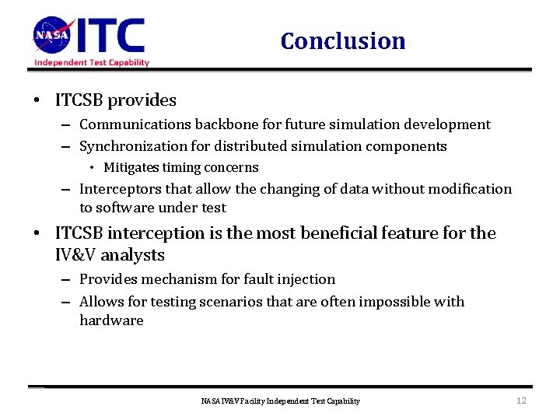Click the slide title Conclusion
343,40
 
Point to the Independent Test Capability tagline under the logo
92,63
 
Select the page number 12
521,401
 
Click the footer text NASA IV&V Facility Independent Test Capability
280,401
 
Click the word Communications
129,124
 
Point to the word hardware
111,320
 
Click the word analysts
134,254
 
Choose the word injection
306,279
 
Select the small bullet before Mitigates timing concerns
92,168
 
